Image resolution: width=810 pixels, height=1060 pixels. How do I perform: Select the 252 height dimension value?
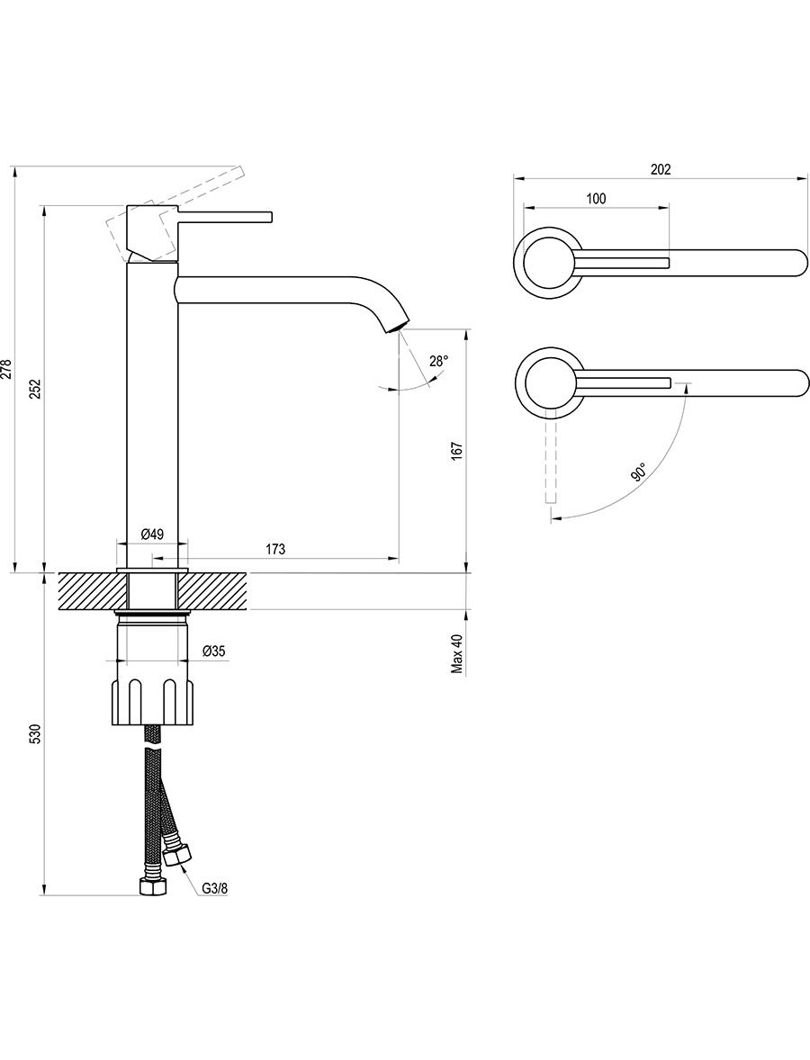click(x=37, y=389)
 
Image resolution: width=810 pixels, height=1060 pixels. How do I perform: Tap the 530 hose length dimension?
click(x=37, y=733)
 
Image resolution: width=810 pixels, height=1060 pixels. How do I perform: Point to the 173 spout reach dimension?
click(x=274, y=549)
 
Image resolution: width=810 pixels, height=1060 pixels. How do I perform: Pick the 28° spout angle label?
click(x=438, y=361)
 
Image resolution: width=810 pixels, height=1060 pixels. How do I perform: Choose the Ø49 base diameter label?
click(x=152, y=534)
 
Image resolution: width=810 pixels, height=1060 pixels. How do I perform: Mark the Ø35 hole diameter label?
click(x=213, y=651)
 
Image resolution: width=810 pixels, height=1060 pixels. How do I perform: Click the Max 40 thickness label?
click(x=458, y=653)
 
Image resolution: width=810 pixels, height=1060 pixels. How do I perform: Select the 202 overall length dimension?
click(x=660, y=170)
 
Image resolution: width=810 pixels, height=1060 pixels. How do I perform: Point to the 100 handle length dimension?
click(x=597, y=198)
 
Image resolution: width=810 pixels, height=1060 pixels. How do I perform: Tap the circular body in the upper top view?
click(x=548, y=262)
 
